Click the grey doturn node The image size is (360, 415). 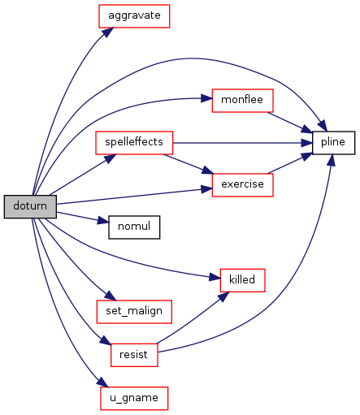30,206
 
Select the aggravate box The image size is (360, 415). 134,16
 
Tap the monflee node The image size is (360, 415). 242,101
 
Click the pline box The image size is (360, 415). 333,143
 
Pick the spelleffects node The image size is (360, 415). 134,143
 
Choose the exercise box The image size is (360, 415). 242,185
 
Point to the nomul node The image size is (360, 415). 134,227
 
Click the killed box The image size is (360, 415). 242,280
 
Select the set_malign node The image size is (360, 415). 134,312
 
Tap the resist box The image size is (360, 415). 134,355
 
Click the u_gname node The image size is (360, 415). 134,398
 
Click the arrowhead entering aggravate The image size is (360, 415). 107,32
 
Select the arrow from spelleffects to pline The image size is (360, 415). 243,143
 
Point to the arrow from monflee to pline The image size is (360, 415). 290,123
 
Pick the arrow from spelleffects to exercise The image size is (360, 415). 189,164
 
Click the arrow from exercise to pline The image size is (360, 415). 290,163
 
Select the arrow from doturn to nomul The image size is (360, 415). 83,218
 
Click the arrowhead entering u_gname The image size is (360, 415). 103,383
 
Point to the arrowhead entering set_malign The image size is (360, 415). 111,296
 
